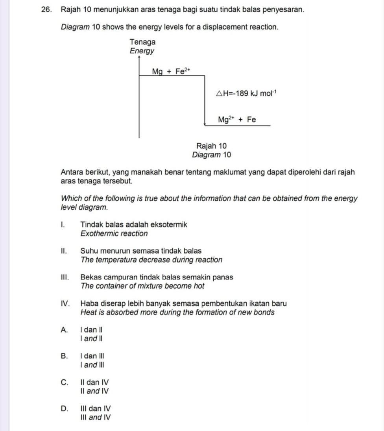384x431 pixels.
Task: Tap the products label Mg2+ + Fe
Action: (237, 119)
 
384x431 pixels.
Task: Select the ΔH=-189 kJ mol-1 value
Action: (246, 93)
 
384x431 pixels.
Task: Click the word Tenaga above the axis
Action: (142, 42)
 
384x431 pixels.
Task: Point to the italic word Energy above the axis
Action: (142, 51)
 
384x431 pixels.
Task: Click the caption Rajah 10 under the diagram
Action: (211, 146)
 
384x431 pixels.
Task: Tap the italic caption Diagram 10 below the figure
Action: (211, 155)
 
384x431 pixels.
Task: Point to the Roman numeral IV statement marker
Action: (66, 303)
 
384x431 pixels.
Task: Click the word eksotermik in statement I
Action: (170, 225)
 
